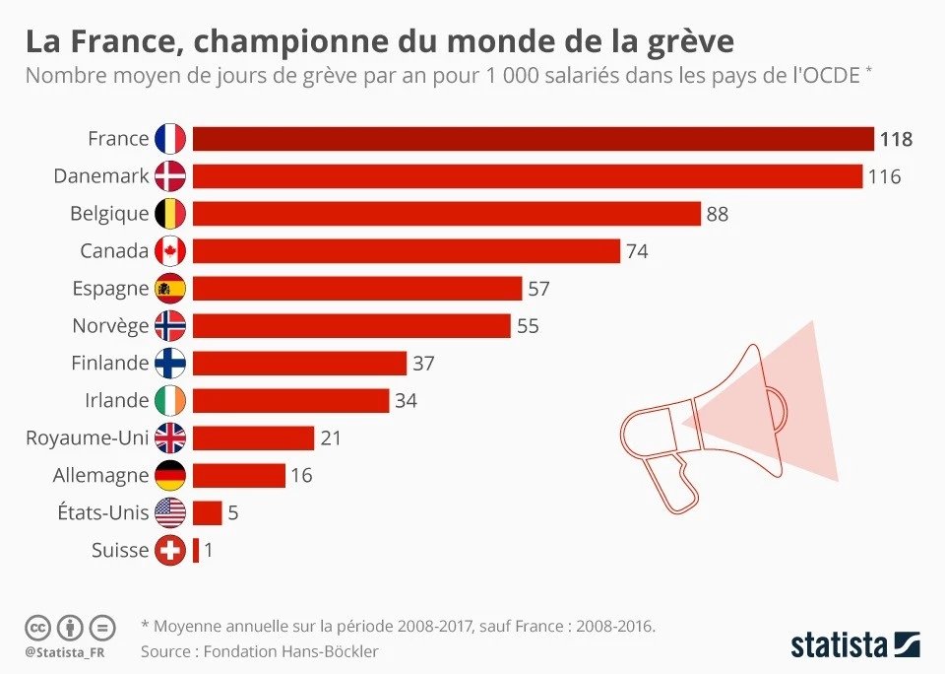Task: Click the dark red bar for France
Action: click(534, 139)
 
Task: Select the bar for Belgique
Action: click(447, 214)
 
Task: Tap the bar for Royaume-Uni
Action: click(253, 438)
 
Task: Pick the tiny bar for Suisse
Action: click(196, 550)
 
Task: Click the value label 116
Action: click(884, 176)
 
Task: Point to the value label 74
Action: click(637, 251)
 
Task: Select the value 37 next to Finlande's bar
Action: click(423, 364)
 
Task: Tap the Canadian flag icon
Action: click(170, 251)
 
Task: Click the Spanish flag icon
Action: click(170, 289)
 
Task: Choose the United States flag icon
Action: click(170, 513)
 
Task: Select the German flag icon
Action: click(170, 476)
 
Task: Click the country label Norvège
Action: click(110, 326)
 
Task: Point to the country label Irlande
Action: click(116, 401)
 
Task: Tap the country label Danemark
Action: click(101, 176)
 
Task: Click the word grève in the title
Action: click(682, 41)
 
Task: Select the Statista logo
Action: click(855, 644)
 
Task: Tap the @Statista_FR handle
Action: click(65, 653)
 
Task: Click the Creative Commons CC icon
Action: click(37, 628)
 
